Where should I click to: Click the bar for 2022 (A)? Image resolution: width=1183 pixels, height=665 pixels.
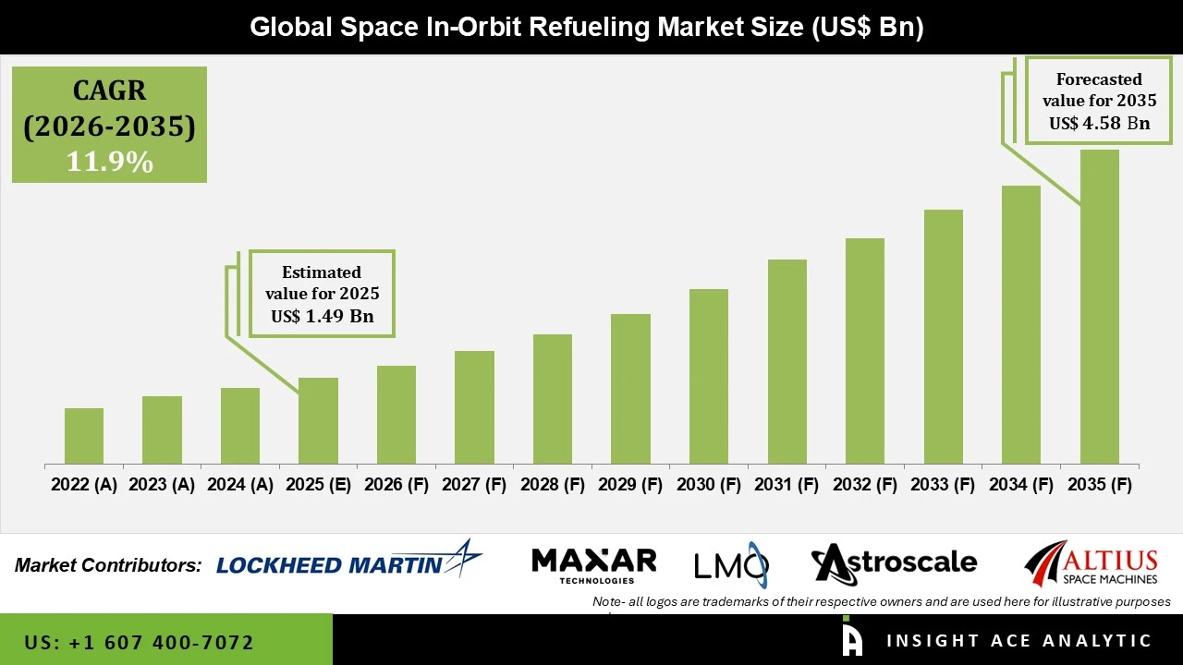84,436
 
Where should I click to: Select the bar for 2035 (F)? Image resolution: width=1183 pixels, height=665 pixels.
1099,307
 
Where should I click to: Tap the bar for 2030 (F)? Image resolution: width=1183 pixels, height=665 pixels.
708,376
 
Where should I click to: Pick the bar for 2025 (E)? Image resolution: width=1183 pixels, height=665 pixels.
318,420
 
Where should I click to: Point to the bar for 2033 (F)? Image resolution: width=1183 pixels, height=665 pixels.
943,336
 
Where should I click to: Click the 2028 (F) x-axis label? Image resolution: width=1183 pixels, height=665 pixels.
553,485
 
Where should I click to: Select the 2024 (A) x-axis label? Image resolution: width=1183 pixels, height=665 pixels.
240,485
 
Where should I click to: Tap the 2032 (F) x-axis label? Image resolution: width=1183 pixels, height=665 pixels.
865,485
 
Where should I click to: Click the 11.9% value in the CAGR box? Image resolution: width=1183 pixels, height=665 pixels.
109,163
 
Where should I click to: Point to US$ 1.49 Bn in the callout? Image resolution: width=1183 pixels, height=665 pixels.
322,317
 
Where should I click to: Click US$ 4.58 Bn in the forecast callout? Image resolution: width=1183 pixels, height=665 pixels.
1099,124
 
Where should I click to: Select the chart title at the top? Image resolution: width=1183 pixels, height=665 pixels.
587,27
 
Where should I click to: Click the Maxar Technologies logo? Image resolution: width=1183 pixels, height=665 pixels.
594,564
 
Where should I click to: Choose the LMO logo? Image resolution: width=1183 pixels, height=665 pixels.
731,564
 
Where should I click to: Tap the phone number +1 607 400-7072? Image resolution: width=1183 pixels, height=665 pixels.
140,642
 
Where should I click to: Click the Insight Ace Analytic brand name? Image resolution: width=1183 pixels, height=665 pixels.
1018,641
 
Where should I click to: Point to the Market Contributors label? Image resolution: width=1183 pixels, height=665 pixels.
108,565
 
